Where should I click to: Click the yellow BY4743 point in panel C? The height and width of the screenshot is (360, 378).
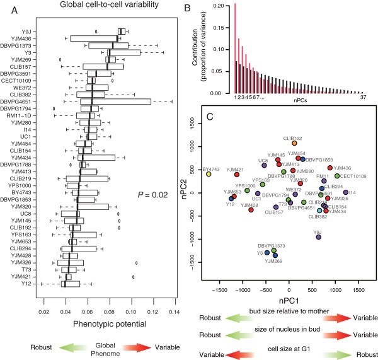coord(208,173)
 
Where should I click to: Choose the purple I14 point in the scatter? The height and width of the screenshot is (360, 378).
coord(346,192)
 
